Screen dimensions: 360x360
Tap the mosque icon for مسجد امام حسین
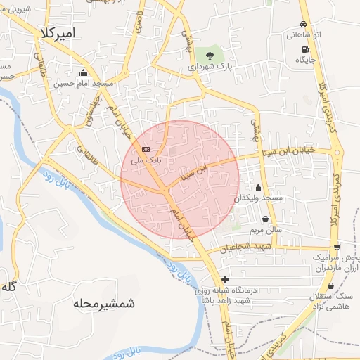click(84, 72)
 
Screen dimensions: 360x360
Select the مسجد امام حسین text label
click(84, 83)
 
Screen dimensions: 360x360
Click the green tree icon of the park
click(209, 54)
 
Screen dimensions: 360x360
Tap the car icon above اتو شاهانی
click(303, 24)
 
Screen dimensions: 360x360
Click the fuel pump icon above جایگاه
click(304, 49)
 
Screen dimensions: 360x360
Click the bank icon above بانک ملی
click(146, 149)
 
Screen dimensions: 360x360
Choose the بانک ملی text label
click(148, 160)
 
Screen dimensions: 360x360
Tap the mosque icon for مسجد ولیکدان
click(258, 188)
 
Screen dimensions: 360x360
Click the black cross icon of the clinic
click(224, 279)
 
